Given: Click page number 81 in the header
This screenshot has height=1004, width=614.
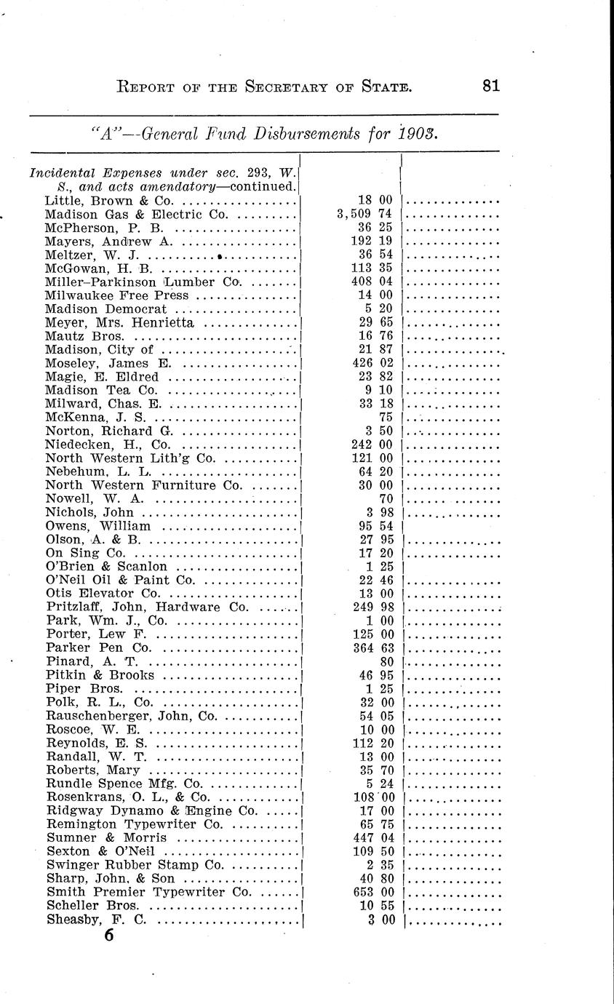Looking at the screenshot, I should pyautogui.click(x=490, y=87).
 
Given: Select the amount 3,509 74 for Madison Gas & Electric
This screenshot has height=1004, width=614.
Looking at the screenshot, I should pyautogui.click(x=364, y=215).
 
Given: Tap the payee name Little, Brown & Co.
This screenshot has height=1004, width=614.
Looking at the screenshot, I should pyautogui.click(x=108, y=201).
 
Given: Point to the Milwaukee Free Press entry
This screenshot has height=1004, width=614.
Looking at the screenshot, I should pyautogui.click(x=116, y=295).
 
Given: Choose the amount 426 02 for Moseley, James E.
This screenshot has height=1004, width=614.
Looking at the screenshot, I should pyautogui.click(x=372, y=364).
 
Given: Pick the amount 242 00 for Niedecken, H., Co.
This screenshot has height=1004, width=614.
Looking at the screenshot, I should pyautogui.click(x=372, y=445).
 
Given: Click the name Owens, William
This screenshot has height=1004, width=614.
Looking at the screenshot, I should pyautogui.click(x=97, y=526).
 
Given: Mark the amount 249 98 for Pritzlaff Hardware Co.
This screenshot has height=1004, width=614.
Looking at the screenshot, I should pyautogui.click(x=372, y=607).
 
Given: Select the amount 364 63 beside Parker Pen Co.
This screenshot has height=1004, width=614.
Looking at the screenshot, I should pyautogui.click(x=372, y=648).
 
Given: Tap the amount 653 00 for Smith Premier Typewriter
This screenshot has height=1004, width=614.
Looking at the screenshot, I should pyautogui.click(x=372, y=892).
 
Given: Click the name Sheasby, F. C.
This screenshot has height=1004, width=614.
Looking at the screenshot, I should pyautogui.click(x=96, y=920).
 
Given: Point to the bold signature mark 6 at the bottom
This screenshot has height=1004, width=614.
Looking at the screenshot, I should pyautogui.click(x=108, y=936).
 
